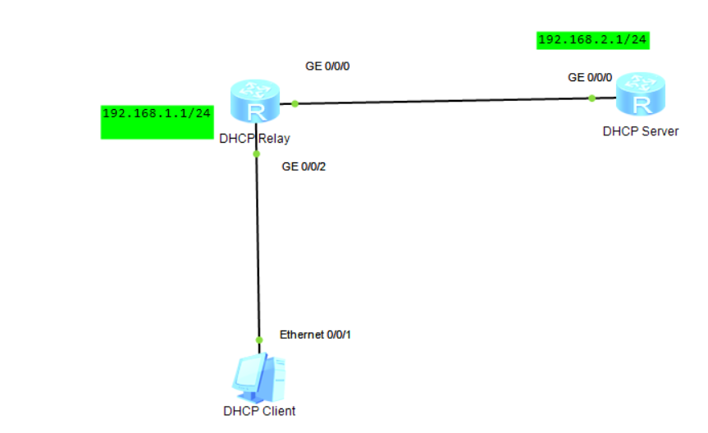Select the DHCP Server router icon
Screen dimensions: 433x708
[x=641, y=96]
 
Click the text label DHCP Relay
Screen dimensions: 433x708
[x=254, y=139]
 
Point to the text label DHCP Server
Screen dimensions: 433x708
[x=640, y=130]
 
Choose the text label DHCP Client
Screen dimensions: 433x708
[x=258, y=411]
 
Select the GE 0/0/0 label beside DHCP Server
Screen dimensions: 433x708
[x=590, y=77]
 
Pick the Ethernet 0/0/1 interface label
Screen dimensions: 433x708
[x=315, y=335]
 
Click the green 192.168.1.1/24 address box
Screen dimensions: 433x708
[x=157, y=121]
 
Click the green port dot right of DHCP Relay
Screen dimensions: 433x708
[x=295, y=103]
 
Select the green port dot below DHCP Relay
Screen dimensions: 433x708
[x=256, y=153]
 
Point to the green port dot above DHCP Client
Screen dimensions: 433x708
[x=258, y=340]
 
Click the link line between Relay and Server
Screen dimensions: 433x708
[x=443, y=101]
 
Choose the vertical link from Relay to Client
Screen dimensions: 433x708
[x=258, y=246]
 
